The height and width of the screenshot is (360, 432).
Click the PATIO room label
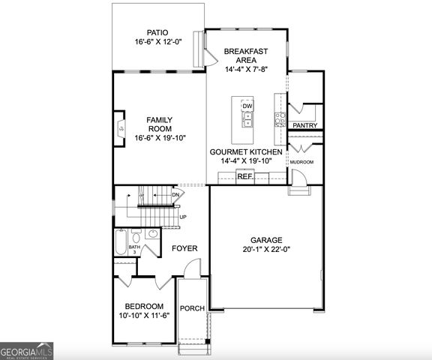coord(157,32)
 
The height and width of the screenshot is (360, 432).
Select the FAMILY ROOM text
coord(159,124)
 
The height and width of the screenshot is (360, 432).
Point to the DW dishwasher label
coord(247,106)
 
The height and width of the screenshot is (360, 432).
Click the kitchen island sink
coord(247,119)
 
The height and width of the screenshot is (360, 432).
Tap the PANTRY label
coord(304,125)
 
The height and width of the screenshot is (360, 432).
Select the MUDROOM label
coord(301,162)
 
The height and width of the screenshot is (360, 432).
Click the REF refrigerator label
coord(244,177)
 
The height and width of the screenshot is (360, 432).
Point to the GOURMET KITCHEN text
coord(246,152)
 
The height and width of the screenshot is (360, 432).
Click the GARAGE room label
coord(266,240)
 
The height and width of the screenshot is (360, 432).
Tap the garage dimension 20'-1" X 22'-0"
coord(266,250)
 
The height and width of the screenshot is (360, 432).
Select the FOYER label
coord(184,248)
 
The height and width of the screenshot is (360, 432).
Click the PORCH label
coord(193,308)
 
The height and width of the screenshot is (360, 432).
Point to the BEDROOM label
coord(144,306)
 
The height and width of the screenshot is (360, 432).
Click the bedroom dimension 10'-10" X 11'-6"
coord(144,316)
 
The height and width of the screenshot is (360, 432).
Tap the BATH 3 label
coord(134,249)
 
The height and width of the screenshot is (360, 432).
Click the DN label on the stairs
coord(175,196)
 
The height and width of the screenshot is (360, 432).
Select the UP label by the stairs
coord(182,217)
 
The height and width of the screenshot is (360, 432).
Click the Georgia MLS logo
coord(27,350)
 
